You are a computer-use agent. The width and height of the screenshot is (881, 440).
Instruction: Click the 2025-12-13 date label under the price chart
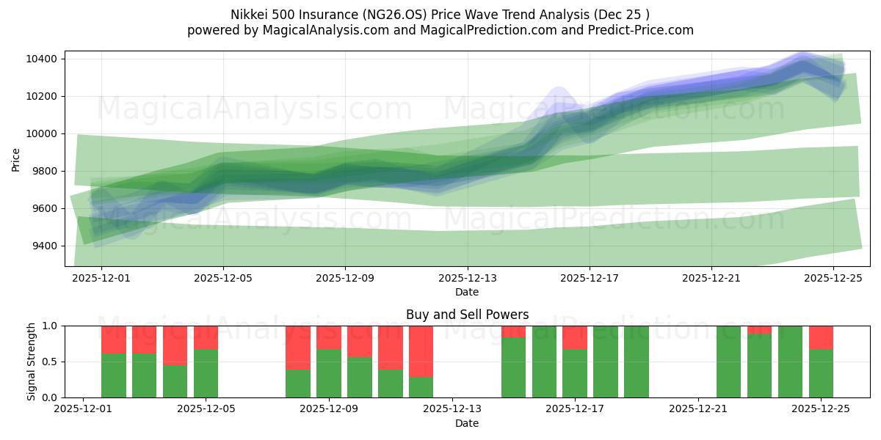tap(468, 279)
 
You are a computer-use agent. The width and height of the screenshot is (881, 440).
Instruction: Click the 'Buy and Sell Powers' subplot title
tap(467, 315)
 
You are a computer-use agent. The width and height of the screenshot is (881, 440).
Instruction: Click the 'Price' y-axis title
tap(16, 158)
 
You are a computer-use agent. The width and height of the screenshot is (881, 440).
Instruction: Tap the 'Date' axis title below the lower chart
tap(467, 423)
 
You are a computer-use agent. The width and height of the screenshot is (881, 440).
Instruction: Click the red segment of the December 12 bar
tap(421, 351)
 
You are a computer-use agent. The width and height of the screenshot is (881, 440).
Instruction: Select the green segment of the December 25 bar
tap(821, 373)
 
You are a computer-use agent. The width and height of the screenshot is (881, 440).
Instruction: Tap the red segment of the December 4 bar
tap(175, 345)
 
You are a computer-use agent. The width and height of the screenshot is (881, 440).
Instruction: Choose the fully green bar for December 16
tap(544, 362)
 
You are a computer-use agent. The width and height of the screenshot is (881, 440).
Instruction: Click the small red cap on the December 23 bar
tap(759, 329)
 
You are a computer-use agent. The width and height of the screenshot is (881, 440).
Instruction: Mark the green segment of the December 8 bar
tap(298, 384)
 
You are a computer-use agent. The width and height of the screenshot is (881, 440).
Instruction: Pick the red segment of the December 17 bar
tap(575, 337)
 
